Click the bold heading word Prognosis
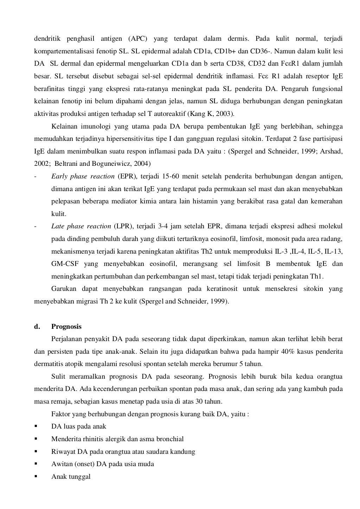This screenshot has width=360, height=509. tap(66, 327)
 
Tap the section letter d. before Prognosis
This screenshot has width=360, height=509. tap(37, 327)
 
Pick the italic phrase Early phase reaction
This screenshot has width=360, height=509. tap(83, 176)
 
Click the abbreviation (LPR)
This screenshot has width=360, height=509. tap(123, 226)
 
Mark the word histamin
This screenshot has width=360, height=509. tap(222, 201)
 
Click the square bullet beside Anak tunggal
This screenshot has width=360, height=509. tap(36, 477)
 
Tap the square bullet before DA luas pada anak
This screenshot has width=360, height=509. tap(36, 426)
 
